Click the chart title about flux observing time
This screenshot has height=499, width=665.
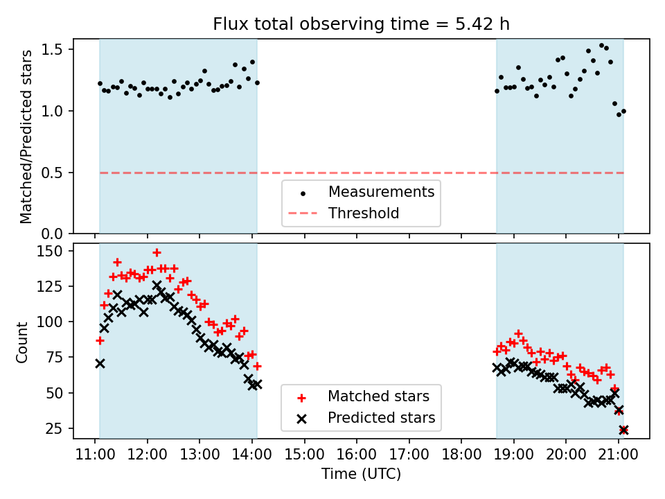361,24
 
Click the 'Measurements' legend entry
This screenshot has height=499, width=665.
381,192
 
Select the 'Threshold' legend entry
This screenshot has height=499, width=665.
364,213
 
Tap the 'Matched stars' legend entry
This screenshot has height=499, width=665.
378,396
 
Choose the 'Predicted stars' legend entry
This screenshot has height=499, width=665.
381,418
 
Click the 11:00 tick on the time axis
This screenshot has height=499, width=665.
95,456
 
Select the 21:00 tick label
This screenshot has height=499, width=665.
618,456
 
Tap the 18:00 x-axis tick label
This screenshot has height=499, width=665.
461,456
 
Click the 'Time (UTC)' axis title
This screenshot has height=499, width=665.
361,475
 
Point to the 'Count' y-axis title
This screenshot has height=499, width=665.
23,342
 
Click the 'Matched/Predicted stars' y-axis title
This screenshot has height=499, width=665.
26,137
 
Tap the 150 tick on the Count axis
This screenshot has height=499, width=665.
51,251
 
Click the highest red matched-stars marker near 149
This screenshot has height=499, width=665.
157,252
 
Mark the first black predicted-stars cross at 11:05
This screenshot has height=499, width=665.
100,363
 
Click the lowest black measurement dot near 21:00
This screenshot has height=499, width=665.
619,114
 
